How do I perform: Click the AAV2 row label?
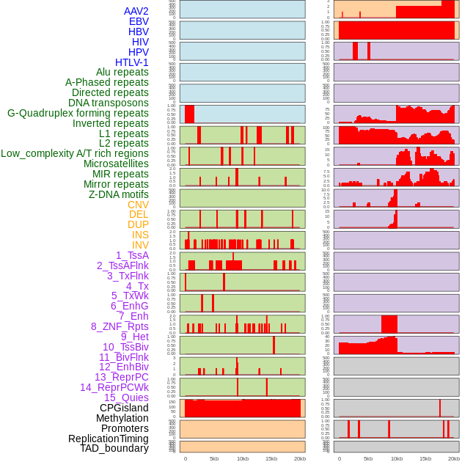point(136,11)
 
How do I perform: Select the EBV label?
point(139,21)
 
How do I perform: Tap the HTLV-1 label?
point(132,62)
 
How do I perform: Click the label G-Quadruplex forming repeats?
point(78,113)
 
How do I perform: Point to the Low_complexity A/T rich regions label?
point(75,153)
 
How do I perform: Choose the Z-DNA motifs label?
point(119,194)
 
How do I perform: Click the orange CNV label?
point(138,205)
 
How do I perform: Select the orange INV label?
point(140,245)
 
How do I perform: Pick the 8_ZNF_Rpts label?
point(120,326)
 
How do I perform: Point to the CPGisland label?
point(124,408)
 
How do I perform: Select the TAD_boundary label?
point(114,448)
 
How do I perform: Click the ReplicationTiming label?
point(109,439)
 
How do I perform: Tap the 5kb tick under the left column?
point(214,458)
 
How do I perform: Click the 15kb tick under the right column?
point(425,458)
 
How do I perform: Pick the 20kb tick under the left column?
point(300,458)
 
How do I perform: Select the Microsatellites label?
point(116,164)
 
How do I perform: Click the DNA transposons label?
point(109,103)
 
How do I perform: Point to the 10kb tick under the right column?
point(397,458)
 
